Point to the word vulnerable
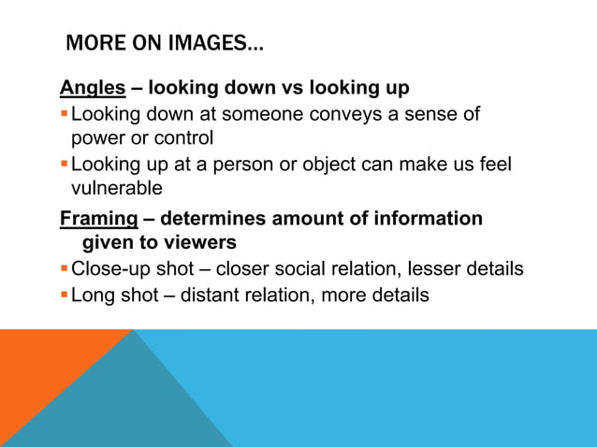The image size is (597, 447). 117,188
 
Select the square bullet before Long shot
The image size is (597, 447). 64,296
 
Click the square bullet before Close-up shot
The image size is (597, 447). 64,269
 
